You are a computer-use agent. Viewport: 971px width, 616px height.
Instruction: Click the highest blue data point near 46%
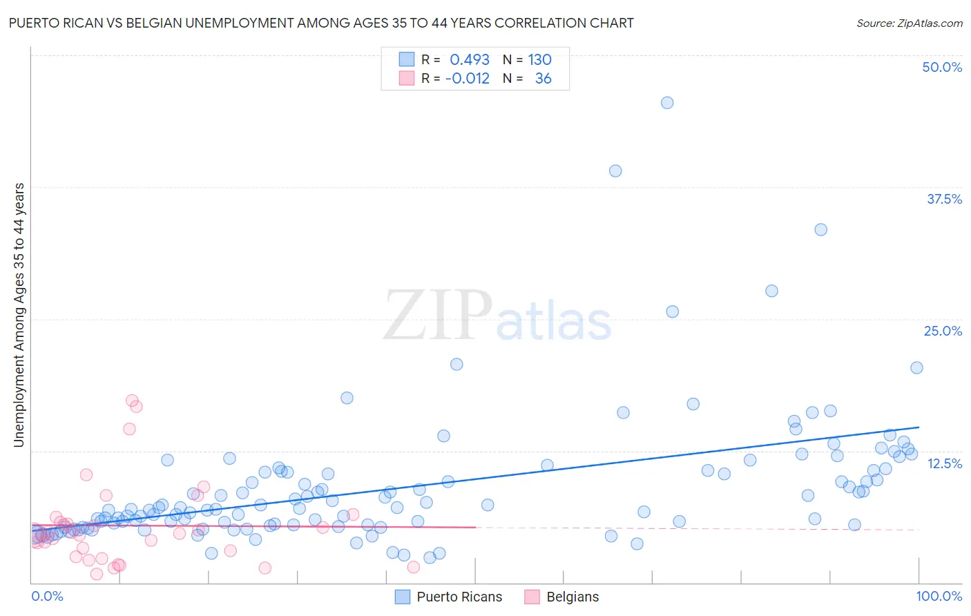click(667, 103)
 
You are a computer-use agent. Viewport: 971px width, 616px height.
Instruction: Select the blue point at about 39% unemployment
click(615, 171)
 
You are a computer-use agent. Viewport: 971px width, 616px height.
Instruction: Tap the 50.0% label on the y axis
click(942, 67)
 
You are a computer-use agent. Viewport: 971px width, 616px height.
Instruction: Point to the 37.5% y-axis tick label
click(944, 199)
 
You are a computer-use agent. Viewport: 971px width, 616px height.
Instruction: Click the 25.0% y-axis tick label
click(943, 331)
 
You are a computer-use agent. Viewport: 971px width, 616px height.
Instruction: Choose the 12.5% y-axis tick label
click(944, 463)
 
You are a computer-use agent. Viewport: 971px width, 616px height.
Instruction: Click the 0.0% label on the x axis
click(47, 596)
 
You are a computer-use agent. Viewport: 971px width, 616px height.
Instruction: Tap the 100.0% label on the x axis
click(939, 596)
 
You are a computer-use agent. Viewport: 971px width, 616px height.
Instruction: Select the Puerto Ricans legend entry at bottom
click(459, 597)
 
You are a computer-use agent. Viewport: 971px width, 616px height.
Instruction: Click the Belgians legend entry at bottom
click(572, 597)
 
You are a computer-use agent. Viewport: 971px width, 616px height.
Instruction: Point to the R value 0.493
click(470, 59)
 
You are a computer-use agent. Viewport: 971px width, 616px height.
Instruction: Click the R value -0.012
click(468, 78)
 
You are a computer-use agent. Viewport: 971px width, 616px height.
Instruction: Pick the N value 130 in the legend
click(539, 59)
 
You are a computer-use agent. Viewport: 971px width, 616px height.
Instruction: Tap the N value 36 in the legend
click(543, 78)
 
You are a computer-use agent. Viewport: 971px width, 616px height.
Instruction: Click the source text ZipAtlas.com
click(910, 23)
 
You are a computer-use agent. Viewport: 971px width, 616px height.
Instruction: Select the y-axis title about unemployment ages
click(19, 315)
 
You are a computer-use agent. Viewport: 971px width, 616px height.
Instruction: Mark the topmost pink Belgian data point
click(132, 401)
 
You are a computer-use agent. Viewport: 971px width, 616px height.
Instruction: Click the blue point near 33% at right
click(820, 230)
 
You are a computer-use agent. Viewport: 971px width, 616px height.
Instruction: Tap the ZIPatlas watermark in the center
click(497, 316)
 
